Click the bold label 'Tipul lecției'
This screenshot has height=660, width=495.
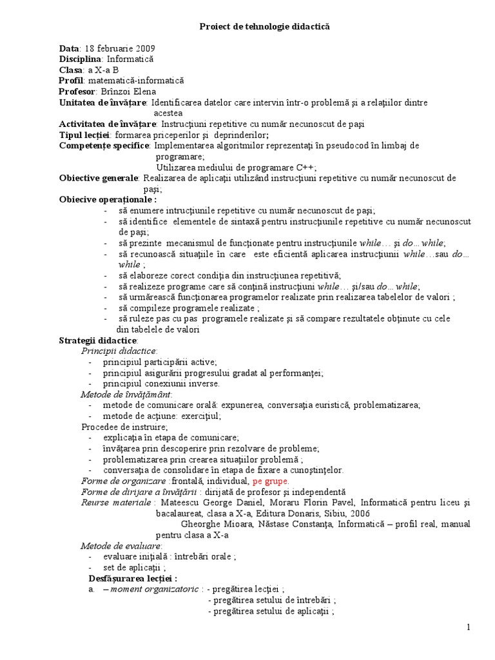click(84, 135)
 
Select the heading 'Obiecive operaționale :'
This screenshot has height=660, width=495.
click(108, 199)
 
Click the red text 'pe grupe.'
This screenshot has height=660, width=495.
click(271, 481)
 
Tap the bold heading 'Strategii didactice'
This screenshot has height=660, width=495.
click(97, 340)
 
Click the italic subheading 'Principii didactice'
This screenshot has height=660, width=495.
click(119, 351)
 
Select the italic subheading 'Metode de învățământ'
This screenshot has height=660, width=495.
click(126, 394)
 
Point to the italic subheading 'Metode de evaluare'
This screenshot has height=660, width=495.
click(121, 546)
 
